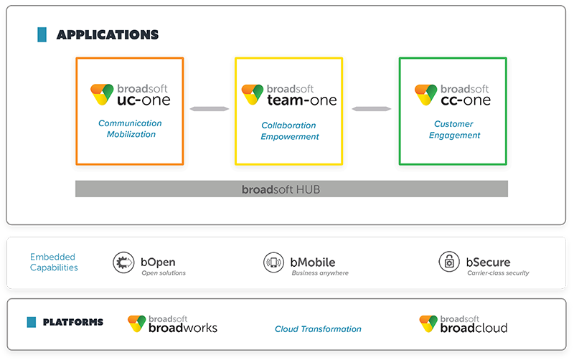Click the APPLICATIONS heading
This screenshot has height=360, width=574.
point(108,34)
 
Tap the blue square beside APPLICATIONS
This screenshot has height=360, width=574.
point(42,34)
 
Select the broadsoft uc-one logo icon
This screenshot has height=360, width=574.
point(102,93)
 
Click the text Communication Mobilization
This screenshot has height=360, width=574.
point(130,129)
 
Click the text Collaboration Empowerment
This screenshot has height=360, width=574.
point(290,131)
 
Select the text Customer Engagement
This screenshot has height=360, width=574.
point(454,130)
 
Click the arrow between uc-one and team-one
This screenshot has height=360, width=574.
point(210,109)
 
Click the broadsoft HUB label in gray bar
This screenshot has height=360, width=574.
point(291,189)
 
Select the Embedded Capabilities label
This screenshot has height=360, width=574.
point(54,262)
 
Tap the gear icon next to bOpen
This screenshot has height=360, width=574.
point(123,263)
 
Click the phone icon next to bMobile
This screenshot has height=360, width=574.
point(274,263)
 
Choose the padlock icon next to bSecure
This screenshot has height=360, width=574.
point(449,262)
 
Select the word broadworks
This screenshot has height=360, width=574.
point(183,328)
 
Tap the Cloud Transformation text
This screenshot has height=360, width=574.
point(318,329)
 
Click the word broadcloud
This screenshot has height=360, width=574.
point(474,328)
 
